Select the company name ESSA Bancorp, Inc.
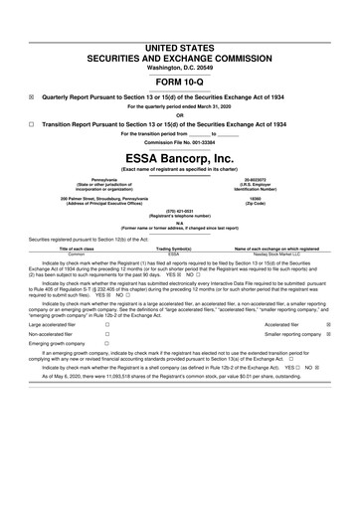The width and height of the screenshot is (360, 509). [179, 158]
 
